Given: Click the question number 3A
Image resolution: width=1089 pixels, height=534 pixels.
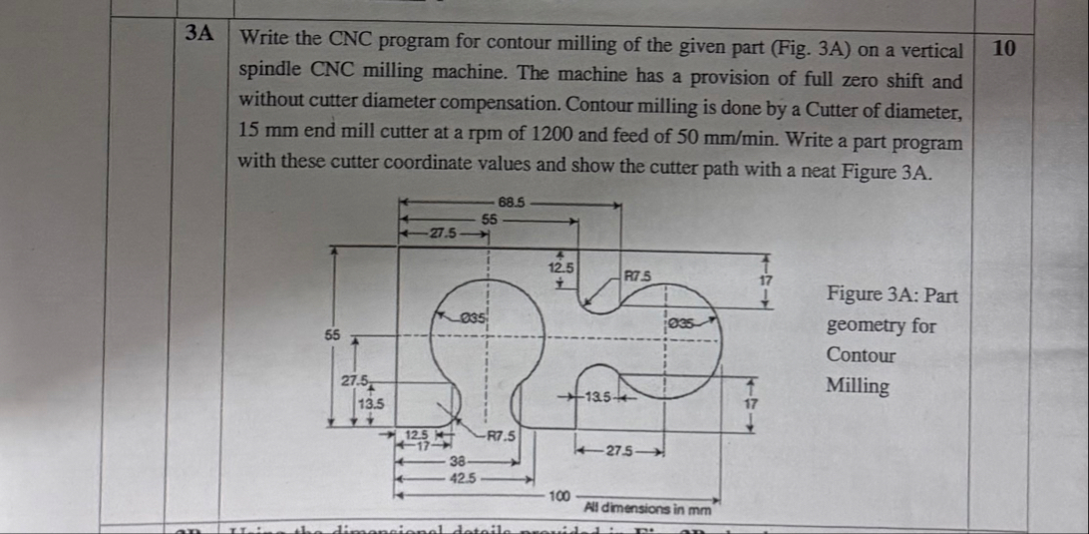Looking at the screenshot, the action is pos(200,32).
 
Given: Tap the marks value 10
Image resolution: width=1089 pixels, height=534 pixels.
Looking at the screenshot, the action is pos(1005,48).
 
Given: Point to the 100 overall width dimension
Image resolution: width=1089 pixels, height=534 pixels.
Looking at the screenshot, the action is pos(558,496).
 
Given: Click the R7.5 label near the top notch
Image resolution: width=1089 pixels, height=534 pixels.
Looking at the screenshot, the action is pos(636,274).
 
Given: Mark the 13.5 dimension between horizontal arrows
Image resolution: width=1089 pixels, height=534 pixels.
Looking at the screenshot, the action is pos(599,400).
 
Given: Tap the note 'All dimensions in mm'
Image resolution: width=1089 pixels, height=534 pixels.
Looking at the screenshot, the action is pos(647,507).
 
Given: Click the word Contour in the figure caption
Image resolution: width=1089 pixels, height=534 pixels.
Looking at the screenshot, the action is pos(861,355).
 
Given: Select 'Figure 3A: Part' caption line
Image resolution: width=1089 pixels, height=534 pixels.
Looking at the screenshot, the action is pos(892,295).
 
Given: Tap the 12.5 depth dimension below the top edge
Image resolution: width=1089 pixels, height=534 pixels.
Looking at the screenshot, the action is pos(561,267).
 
